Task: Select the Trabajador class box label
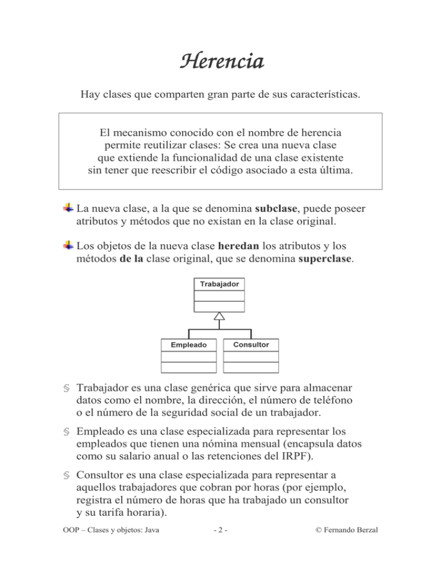click(x=220, y=284)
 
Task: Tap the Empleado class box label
click(x=189, y=345)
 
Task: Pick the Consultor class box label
click(x=251, y=344)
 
